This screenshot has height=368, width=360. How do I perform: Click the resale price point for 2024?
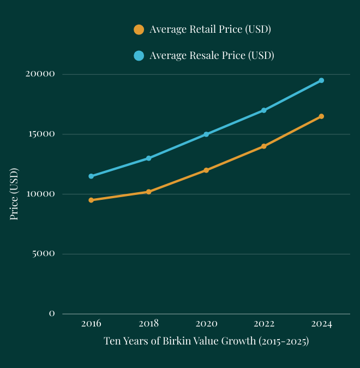[321, 80]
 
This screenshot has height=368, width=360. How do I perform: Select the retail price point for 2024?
[321, 116]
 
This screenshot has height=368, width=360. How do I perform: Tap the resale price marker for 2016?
[91, 176]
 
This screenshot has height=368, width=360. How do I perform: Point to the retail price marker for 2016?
[91, 200]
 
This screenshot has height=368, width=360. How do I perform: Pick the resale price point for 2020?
[206, 134]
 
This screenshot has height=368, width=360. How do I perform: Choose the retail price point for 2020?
[206, 170]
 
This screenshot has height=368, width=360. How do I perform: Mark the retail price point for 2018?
[148, 192]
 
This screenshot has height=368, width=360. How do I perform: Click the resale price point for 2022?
[263, 110]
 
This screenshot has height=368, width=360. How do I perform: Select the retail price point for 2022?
[263, 146]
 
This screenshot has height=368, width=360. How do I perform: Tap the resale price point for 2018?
[148, 158]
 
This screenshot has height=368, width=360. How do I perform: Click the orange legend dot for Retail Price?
[139, 29]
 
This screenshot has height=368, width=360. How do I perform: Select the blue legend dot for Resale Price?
[139, 56]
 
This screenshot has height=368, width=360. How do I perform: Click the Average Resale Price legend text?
[211, 56]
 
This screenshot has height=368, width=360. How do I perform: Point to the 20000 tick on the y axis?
[40, 74]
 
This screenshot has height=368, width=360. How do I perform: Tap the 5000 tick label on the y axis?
[43, 254]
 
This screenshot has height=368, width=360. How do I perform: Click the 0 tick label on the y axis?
[52, 314]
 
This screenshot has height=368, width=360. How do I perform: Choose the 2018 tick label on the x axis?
[148, 324]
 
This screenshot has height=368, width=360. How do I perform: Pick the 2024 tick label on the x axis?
[321, 324]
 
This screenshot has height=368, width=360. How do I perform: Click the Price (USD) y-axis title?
[14, 194]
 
